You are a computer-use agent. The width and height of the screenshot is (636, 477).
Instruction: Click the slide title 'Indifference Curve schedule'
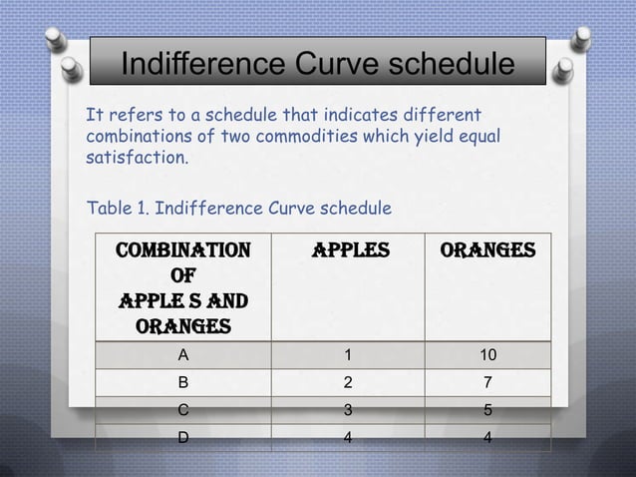(318, 66)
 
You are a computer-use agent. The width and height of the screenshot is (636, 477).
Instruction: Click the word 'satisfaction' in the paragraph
(135, 159)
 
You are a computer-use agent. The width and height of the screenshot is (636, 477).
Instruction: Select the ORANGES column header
(488, 249)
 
